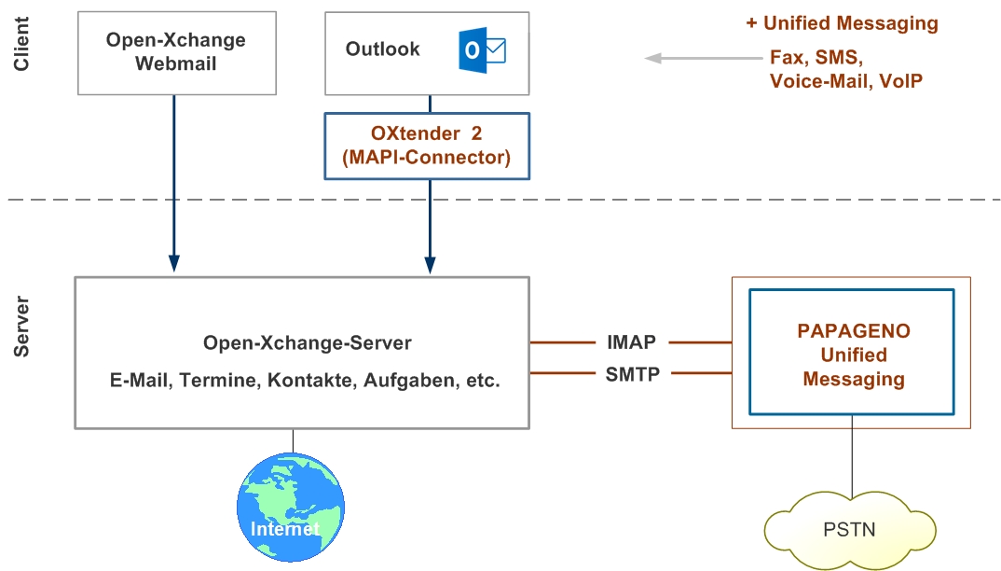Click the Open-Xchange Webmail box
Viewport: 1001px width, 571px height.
tap(175, 52)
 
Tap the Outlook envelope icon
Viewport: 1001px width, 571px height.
tap(482, 50)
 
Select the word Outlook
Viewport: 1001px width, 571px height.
tap(382, 49)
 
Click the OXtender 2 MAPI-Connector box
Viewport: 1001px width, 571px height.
tap(427, 146)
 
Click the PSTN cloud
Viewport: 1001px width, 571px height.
tap(849, 530)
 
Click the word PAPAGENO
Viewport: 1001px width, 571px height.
tap(853, 331)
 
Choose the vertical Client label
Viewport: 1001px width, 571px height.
tap(22, 46)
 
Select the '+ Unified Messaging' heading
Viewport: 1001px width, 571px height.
tap(841, 23)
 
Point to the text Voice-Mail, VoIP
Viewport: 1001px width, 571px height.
tap(845, 81)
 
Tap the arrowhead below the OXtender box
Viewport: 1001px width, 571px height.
tap(430, 264)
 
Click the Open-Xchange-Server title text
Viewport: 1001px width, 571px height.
tap(307, 343)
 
